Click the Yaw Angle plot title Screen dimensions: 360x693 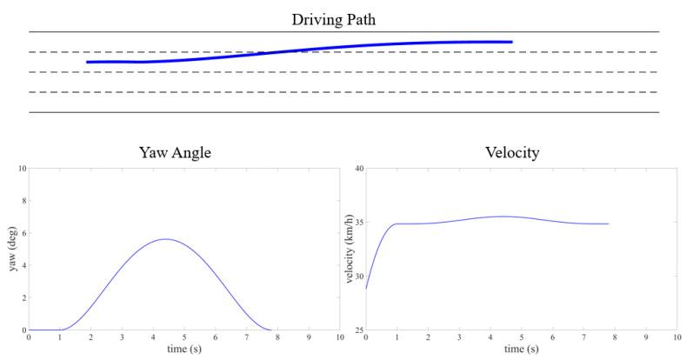point(176,153)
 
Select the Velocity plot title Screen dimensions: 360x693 point(512,153)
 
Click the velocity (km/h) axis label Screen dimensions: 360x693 point(350,250)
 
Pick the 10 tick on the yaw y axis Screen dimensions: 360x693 point(22,168)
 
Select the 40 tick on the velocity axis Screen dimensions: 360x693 point(357,168)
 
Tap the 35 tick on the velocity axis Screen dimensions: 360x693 point(357,223)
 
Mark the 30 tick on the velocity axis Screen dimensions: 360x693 point(357,277)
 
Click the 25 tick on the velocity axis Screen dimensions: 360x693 point(357,330)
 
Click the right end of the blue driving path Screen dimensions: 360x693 point(511,42)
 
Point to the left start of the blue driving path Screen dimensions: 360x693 point(88,62)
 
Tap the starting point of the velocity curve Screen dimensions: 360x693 point(366,288)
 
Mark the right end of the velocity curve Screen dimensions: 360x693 point(609,224)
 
